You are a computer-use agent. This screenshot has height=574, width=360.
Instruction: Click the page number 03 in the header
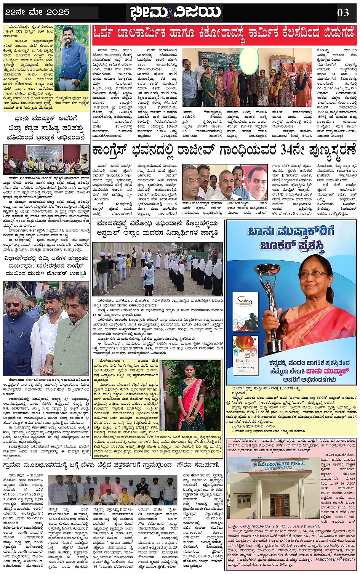pyautogui.click(x=343, y=13)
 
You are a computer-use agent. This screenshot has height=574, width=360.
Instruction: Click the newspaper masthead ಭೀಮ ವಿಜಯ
pyautogui.click(x=176, y=12)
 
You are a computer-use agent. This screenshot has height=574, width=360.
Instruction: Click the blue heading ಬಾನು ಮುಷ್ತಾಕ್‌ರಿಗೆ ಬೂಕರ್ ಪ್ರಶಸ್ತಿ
pyautogui.click(x=291, y=239)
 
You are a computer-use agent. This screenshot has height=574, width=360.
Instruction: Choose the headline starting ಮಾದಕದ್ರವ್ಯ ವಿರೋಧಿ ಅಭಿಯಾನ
pyautogui.click(x=157, y=228)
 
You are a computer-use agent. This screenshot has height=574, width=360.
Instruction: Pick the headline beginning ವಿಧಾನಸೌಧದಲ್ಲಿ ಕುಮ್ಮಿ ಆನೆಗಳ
pyautogui.click(x=46, y=269)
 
